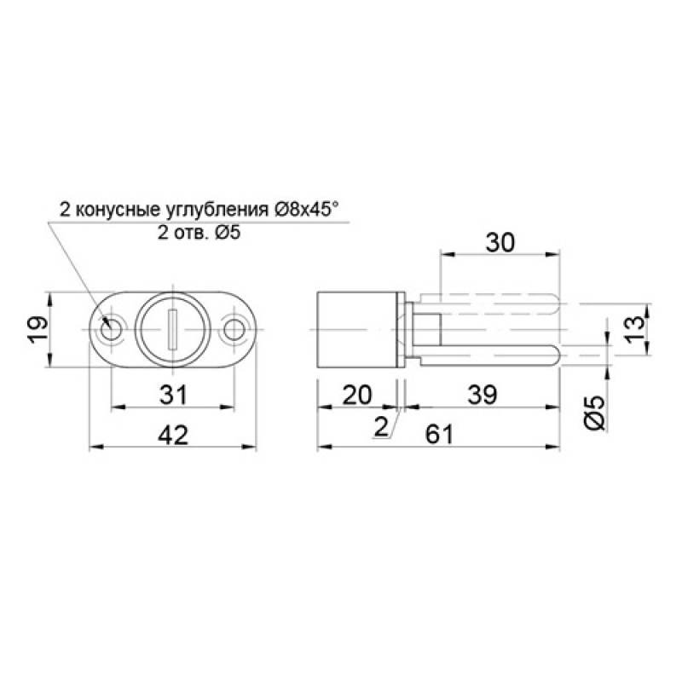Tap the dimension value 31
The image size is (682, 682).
pos(173,395)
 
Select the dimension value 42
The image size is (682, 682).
pos(173,435)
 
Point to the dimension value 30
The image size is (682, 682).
pos(500,243)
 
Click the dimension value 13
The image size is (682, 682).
pos(634,328)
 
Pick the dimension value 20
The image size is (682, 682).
pos(357,395)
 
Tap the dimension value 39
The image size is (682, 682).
pos(482,395)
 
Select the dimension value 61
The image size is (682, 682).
pos(439,435)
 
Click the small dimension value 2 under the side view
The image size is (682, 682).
pos(380,427)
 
